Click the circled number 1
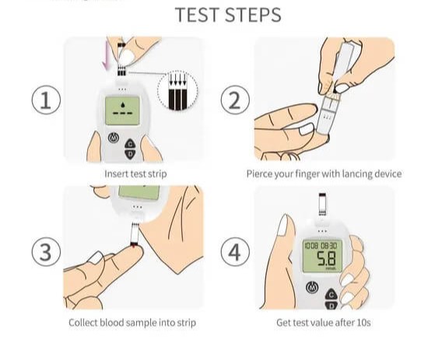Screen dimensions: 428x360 click(46, 100)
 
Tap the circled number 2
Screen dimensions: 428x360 click(235, 100)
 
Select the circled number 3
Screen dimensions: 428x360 click(46, 251)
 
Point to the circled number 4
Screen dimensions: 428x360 click(235, 251)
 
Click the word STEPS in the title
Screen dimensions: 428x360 click(254, 15)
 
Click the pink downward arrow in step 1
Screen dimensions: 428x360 click(106, 56)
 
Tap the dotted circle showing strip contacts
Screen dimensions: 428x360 click(177, 90)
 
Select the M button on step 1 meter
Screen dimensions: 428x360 click(114, 138)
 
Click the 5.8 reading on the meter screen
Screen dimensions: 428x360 click(326, 258)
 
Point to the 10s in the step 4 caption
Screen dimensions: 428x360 click(363, 323)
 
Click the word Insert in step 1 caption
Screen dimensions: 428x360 click(117, 173)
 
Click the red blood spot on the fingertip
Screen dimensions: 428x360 click(134, 246)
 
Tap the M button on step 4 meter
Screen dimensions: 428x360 click(312, 288)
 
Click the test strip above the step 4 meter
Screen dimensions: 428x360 click(322, 204)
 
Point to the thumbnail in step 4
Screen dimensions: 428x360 click(282, 225)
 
